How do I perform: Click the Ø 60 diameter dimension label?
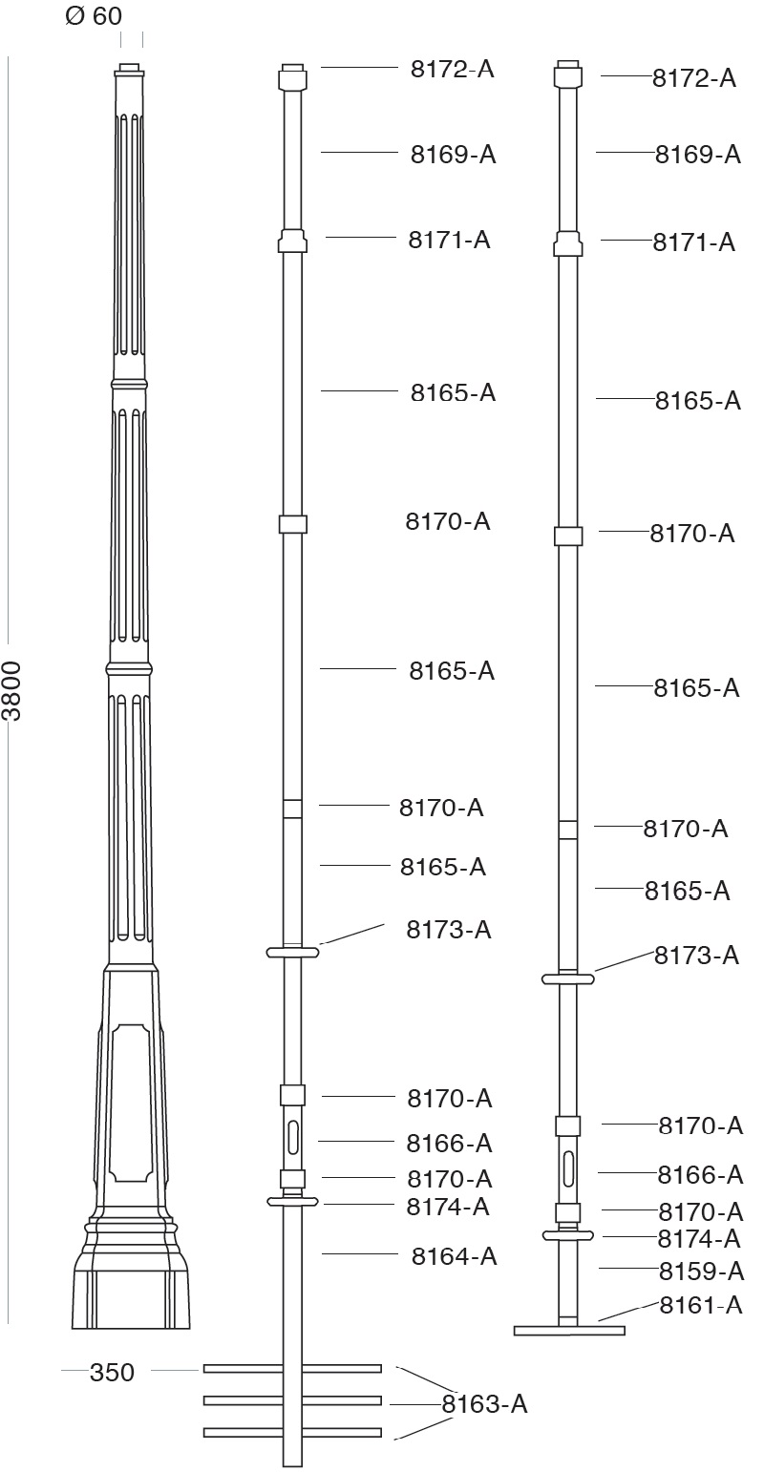pyautogui.click(x=94, y=16)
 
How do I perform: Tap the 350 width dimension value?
pyautogui.click(x=112, y=1373)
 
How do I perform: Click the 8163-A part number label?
pyautogui.click(x=484, y=1404)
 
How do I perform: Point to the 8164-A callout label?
pyautogui.click(x=455, y=1256)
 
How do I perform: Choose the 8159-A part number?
pyautogui.click(x=701, y=1271)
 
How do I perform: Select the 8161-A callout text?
pyautogui.click(x=701, y=1305)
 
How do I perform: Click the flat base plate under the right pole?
pyautogui.click(x=569, y=1330)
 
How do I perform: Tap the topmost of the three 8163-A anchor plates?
pyautogui.click(x=292, y=1369)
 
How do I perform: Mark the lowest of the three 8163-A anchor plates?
pyautogui.click(x=292, y=1432)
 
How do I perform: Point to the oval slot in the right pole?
pyautogui.click(x=568, y=1167)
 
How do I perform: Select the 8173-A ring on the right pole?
pyautogui.click(x=568, y=978)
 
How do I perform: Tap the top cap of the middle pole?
pyautogui.click(x=292, y=76)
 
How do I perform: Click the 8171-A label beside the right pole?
pyautogui.click(x=694, y=242)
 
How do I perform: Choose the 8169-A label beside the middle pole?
pyautogui.click(x=454, y=155)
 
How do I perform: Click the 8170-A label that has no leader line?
pyautogui.click(x=448, y=521)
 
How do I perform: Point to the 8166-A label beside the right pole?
pyautogui.click(x=700, y=1174)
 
